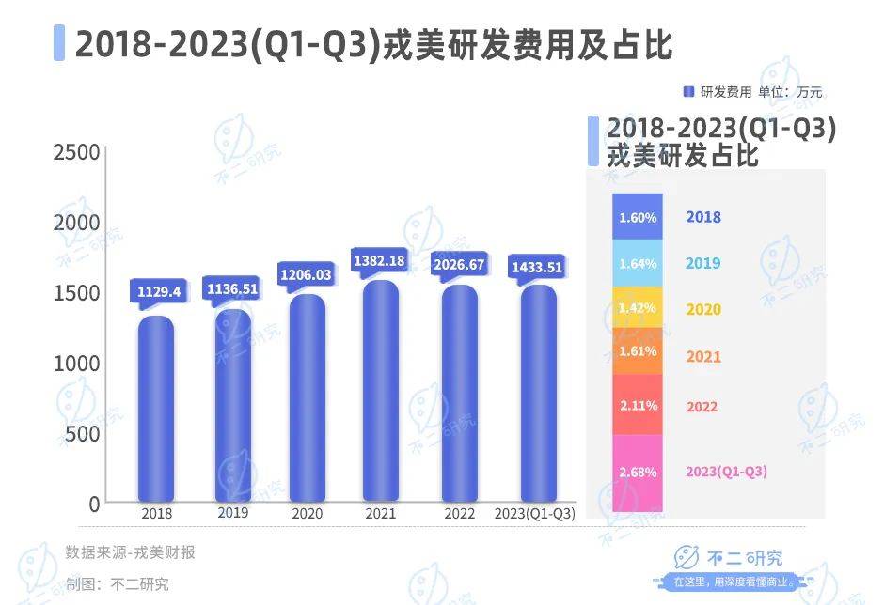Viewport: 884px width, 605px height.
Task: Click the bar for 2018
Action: coord(156,409)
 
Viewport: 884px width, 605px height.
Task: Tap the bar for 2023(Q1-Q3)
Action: coord(538,394)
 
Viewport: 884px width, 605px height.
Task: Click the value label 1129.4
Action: coord(157,291)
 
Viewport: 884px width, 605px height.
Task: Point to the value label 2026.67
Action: coord(459,264)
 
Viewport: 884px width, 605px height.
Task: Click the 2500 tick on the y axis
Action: coord(75,153)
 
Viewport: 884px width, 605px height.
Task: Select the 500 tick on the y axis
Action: coord(81,434)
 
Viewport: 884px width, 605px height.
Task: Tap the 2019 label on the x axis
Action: coord(232,513)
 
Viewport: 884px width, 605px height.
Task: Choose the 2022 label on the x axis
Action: coord(460,513)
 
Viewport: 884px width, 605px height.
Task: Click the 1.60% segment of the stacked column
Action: coord(637,217)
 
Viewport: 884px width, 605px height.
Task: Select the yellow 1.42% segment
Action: coord(637,308)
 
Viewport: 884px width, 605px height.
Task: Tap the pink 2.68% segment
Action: coord(637,473)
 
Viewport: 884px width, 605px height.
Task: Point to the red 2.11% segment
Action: coord(637,405)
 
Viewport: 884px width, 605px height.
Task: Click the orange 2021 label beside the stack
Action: coord(703,357)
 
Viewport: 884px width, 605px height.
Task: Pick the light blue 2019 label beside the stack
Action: coord(703,263)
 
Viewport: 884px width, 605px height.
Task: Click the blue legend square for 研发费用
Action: coord(688,92)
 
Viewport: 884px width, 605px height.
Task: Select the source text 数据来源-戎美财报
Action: coord(131,552)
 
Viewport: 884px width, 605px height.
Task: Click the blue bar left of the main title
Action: coord(59,43)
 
